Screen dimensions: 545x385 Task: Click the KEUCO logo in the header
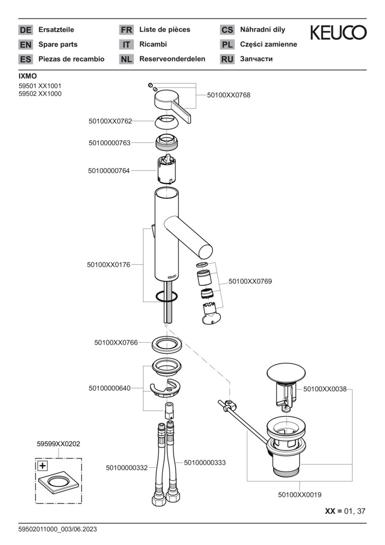pos(338,33)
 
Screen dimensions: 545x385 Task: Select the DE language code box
pos(25,30)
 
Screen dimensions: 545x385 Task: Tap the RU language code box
pos(227,59)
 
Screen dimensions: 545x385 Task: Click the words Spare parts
pos(58,44)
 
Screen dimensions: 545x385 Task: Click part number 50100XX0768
pos(229,95)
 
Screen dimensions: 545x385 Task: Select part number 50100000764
pos(109,171)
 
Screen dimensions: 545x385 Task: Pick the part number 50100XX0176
pos(109,264)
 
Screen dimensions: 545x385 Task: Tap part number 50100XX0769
pos(250,281)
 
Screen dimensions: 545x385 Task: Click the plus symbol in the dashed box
pos(43,466)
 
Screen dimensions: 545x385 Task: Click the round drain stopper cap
pos(286,373)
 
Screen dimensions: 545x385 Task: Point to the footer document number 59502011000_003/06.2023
pos(58,529)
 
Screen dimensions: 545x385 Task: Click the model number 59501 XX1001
pos(40,86)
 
